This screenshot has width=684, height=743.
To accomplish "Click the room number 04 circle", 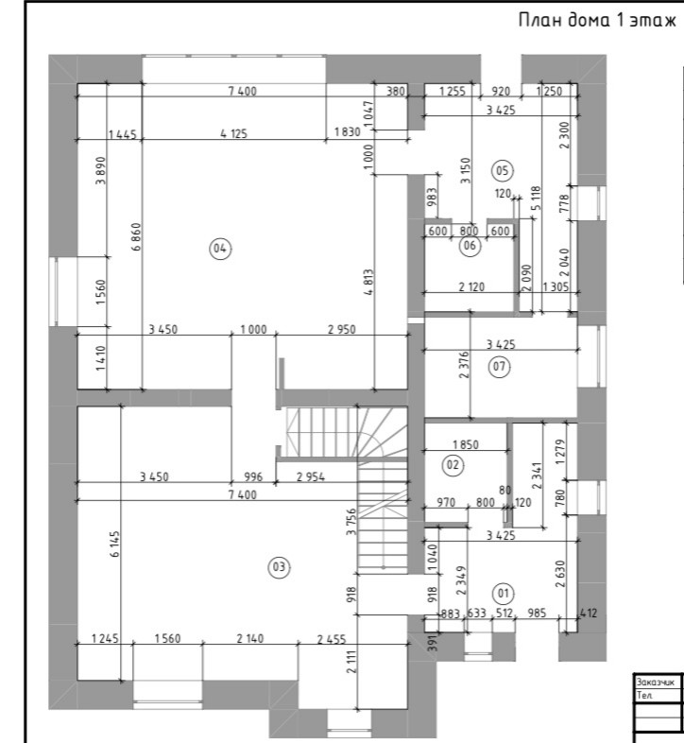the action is pyautogui.click(x=220, y=249).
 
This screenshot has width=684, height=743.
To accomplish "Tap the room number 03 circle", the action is pyautogui.click(x=279, y=567).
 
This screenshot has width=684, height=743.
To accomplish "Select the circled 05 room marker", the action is pyautogui.click(x=502, y=170).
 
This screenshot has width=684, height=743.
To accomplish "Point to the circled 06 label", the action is pyautogui.click(x=470, y=246).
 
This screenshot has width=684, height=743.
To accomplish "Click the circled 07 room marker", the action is pyautogui.click(x=499, y=366).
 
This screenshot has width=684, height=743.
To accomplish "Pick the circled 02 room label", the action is pyautogui.click(x=453, y=465).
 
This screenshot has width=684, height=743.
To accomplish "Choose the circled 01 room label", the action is pyautogui.click(x=503, y=594).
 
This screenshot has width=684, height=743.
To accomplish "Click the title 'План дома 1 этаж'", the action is pyautogui.click(x=597, y=21).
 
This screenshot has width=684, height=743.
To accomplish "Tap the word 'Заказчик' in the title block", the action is pyautogui.click(x=655, y=682).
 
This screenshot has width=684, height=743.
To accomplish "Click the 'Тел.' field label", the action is pyautogui.click(x=644, y=695).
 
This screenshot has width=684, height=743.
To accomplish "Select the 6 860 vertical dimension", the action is pyautogui.click(x=136, y=236).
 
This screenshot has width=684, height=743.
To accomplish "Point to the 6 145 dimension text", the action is pyautogui.click(x=115, y=544).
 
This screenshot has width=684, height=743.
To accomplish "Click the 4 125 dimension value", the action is pyautogui.click(x=234, y=133).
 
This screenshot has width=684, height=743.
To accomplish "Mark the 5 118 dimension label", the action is pyautogui.click(x=536, y=198).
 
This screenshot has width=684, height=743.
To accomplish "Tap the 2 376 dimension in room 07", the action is pyautogui.click(x=464, y=364).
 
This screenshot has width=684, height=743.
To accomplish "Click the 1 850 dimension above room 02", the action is pyautogui.click(x=466, y=444).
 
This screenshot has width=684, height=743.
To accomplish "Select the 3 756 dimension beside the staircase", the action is pyautogui.click(x=351, y=522).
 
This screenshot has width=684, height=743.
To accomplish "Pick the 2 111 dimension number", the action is pyautogui.click(x=351, y=662).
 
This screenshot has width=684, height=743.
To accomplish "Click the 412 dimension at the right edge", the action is pyautogui.click(x=589, y=613).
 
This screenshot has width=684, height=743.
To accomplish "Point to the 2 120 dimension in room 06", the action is pyautogui.click(x=471, y=286).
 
